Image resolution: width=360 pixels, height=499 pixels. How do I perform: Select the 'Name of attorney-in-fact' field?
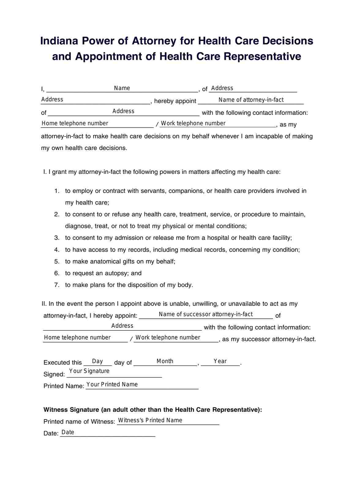(x=251, y=100)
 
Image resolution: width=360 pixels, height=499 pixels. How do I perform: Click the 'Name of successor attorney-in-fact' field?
(x=206, y=315)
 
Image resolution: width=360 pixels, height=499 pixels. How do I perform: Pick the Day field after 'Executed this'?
(x=98, y=362)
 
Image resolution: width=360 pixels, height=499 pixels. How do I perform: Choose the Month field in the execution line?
(x=165, y=362)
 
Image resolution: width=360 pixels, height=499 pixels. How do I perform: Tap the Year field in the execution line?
(x=220, y=362)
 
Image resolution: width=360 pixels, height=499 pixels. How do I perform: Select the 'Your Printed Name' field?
(x=142, y=385)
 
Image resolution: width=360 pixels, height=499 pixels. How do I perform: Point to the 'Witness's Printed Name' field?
(x=168, y=421)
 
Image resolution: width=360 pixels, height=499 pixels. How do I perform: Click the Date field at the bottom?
(x=107, y=433)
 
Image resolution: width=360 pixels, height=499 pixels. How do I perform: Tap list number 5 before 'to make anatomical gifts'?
(x=57, y=262)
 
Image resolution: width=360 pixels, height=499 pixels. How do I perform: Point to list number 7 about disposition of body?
(x=57, y=285)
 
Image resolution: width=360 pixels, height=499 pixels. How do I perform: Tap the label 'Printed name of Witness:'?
(x=79, y=422)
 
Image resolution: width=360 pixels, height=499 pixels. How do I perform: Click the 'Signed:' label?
(x=54, y=374)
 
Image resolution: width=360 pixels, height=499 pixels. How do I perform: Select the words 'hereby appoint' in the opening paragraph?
(x=175, y=101)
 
